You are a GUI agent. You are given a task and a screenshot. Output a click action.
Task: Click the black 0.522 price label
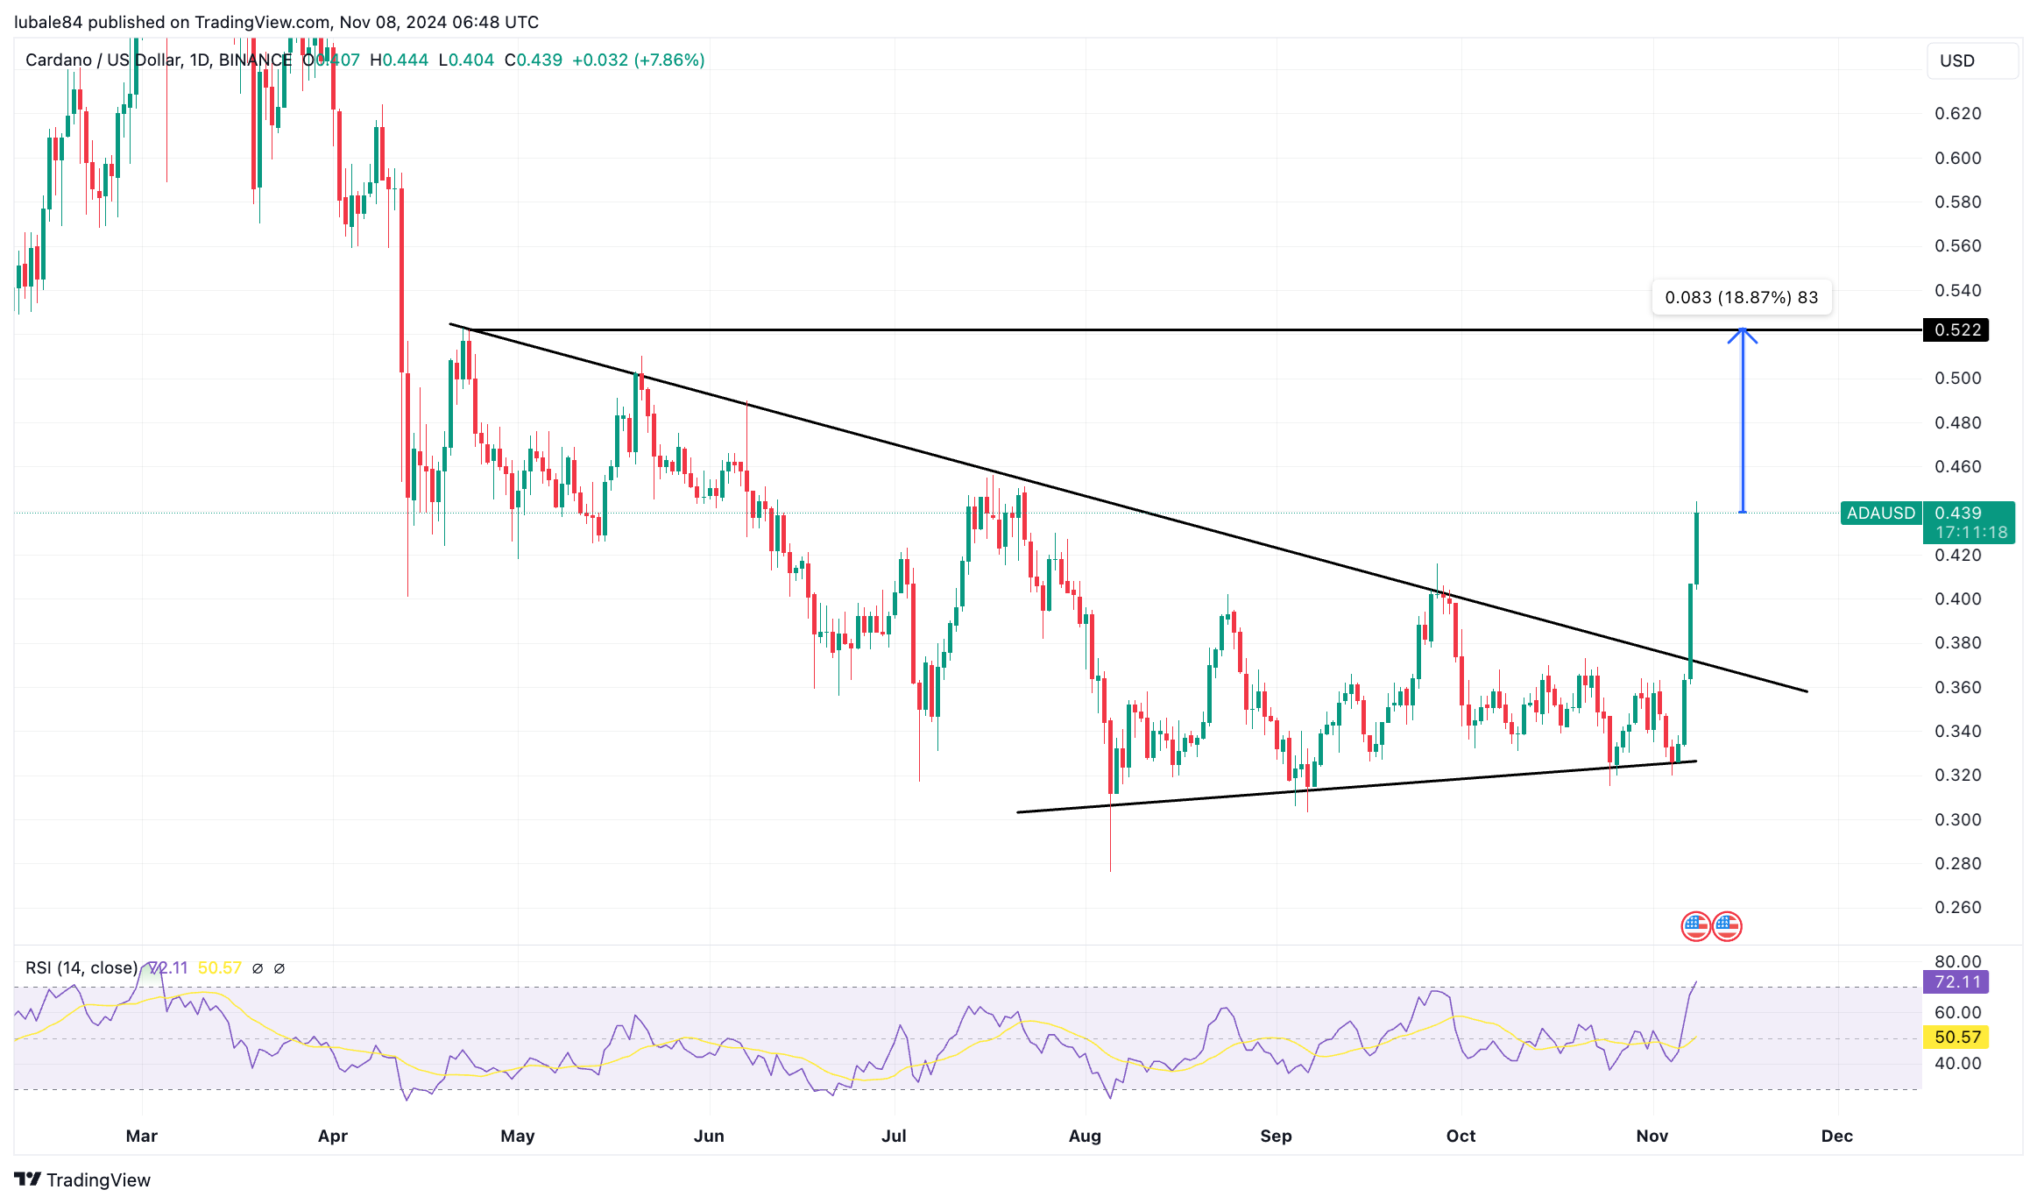click(x=1956, y=330)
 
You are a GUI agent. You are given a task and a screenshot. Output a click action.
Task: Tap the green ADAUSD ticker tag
click(x=1880, y=513)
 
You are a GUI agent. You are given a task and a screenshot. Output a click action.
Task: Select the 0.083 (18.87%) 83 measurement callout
click(x=1741, y=298)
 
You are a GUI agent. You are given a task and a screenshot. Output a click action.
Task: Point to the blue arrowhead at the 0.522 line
click(x=1742, y=334)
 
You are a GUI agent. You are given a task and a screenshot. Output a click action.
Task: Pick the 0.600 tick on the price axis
click(x=1957, y=159)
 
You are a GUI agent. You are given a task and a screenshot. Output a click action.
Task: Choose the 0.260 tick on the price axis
click(x=1957, y=908)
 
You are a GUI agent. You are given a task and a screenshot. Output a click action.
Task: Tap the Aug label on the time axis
click(x=1085, y=1137)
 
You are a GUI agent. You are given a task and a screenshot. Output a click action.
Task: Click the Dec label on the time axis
click(x=1836, y=1137)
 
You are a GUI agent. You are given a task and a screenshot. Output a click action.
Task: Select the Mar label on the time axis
click(x=141, y=1137)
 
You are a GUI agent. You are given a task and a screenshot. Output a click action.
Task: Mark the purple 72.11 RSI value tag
click(x=1956, y=982)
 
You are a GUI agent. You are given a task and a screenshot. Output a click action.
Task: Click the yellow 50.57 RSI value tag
click(x=1956, y=1038)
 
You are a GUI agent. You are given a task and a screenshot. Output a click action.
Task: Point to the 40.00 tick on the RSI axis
click(x=1957, y=1064)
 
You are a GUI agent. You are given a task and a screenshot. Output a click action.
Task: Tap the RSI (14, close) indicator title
click(x=81, y=968)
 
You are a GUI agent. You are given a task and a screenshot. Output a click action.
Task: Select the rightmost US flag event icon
click(x=1727, y=926)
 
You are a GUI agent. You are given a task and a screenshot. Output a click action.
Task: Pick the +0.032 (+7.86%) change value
click(x=638, y=60)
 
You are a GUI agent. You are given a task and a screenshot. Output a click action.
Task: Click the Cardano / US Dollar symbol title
click(x=103, y=60)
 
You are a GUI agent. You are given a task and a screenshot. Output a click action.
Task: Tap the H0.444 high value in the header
click(x=399, y=60)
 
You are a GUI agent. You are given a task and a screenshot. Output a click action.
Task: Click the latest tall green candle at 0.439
click(x=1696, y=548)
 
